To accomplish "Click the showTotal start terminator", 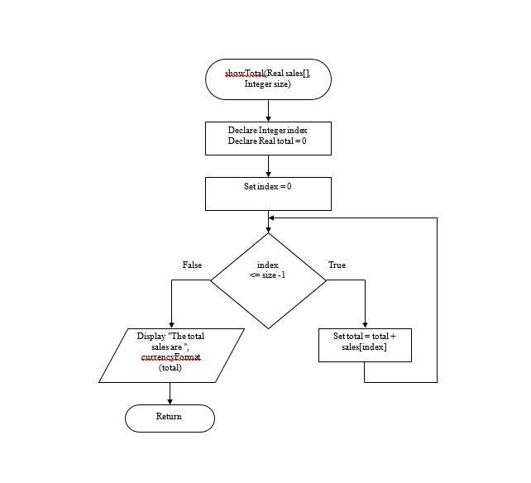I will (268, 79).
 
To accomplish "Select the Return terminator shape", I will (170, 418).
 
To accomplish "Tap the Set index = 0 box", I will (268, 194).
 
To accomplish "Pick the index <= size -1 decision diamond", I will (268, 280).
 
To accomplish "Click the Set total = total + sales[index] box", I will (365, 345).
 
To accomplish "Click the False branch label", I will (192, 265).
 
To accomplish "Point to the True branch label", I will (337, 265).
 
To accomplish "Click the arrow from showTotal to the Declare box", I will (268, 111).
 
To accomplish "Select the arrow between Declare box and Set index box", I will (268, 166).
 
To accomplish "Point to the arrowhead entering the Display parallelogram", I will (170, 324).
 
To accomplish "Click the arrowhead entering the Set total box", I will (365, 324).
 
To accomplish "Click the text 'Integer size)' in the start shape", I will (268, 85).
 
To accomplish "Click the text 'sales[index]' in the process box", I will (365, 348).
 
